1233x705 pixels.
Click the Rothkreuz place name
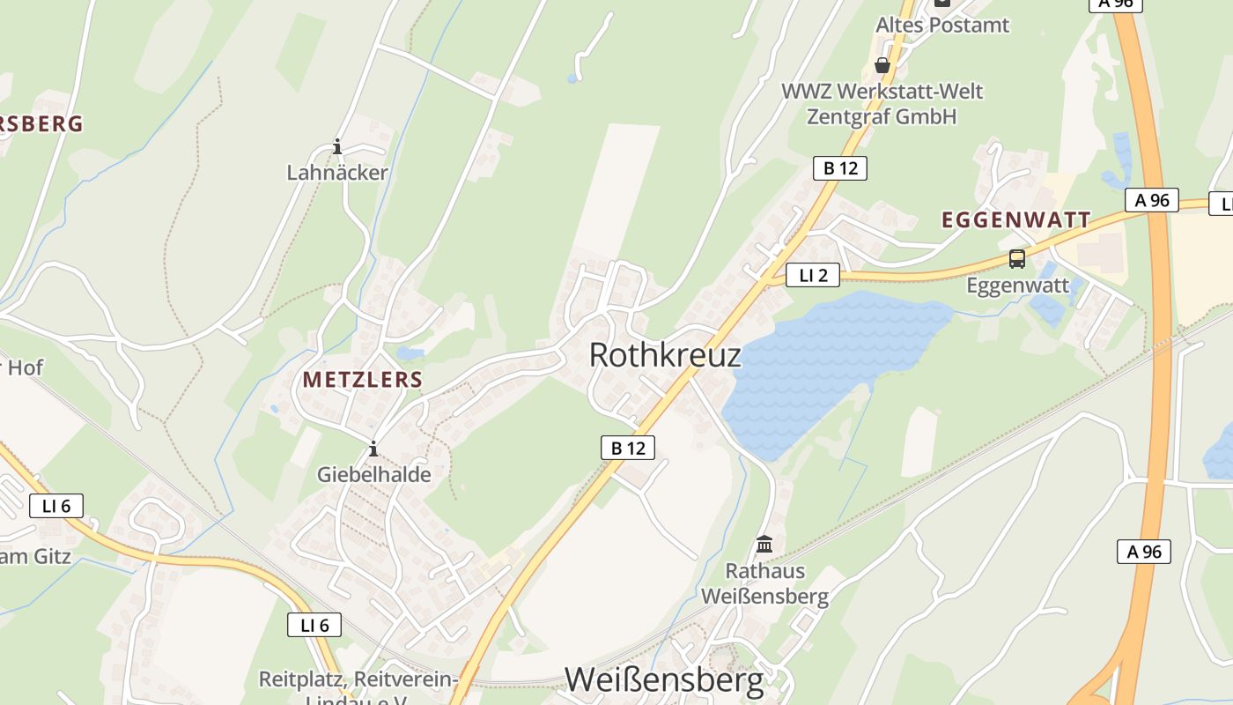[664, 355]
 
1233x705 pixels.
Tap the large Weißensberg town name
[664, 679]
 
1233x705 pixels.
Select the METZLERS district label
[363, 380]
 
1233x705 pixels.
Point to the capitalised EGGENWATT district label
[1016, 219]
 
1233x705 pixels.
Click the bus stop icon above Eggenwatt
[1017, 259]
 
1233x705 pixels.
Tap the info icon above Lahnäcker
[337, 146]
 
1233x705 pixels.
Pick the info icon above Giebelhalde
[373, 449]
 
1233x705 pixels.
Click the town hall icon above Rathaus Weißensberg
[764, 545]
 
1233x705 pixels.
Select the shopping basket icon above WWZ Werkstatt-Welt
[882, 65]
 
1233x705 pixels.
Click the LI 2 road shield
[813, 276]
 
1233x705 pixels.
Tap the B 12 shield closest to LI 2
[839, 168]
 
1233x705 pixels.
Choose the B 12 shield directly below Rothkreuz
[628, 448]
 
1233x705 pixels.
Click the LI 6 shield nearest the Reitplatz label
[314, 626]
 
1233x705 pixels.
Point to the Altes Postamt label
[941, 25]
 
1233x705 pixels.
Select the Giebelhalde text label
[374, 475]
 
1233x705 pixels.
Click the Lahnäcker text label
[337, 173]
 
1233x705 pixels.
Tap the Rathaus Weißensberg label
[777, 583]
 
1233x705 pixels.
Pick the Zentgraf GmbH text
[882, 116]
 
